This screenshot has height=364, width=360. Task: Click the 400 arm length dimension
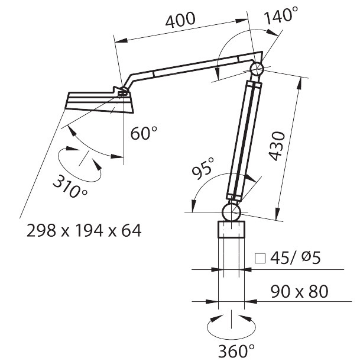180,20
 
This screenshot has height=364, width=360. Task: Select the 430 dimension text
277,146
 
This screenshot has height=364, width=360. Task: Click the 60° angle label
144,133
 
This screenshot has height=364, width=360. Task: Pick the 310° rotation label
70,186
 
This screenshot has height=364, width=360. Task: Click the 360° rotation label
236,351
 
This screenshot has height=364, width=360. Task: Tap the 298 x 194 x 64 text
84,230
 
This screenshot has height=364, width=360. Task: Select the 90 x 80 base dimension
299,292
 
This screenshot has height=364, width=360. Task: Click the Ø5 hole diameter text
312,257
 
